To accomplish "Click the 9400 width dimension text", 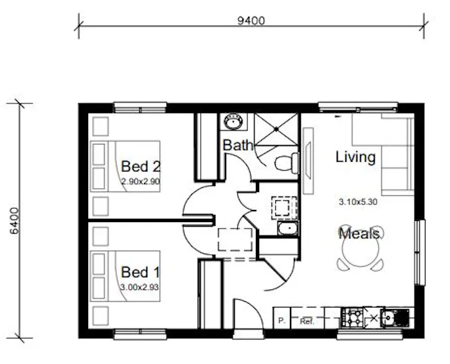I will pyautogui.click(x=251, y=19).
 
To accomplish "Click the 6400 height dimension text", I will pyautogui.click(x=14, y=220).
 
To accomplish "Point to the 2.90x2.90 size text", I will pyautogui.click(x=140, y=182).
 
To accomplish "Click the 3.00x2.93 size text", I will pyautogui.click(x=139, y=287).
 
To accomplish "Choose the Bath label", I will pyautogui.click(x=237, y=146).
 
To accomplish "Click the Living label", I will pyautogui.click(x=355, y=157).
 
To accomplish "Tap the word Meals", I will pyautogui.click(x=359, y=233).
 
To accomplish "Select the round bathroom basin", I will pyautogui.click(x=231, y=121).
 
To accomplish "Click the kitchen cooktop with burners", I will pyautogui.click(x=353, y=316).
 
